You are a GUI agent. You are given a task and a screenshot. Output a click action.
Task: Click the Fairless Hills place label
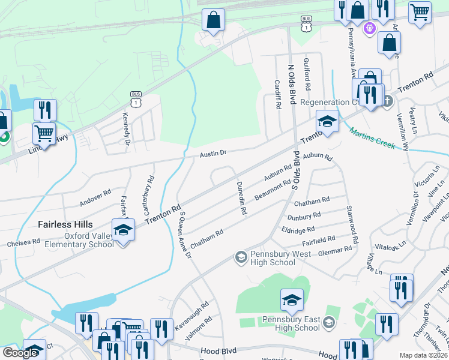[65, 224]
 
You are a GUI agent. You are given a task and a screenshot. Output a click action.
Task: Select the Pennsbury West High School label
[273, 258]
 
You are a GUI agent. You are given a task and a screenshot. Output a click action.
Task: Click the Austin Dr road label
[213, 153]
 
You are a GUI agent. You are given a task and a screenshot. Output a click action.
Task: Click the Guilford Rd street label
[307, 74]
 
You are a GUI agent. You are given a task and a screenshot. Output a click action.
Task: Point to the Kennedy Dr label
[127, 125]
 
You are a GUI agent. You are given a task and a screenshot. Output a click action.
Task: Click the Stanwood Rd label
[352, 224]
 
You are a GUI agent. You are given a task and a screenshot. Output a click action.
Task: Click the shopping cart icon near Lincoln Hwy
[44, 132]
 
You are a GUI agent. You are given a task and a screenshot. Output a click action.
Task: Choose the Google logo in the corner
[20, 353]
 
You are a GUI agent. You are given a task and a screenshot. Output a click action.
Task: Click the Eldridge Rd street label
[298, 230]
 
